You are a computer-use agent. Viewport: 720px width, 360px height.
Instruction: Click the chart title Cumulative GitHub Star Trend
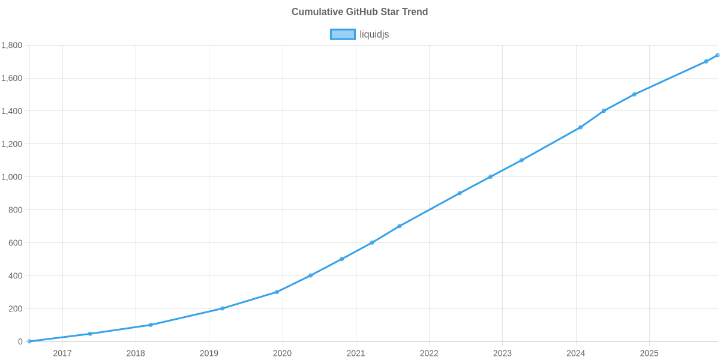[x=359, y=12]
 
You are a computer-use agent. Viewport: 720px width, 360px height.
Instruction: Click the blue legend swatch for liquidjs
[x=343, y=34]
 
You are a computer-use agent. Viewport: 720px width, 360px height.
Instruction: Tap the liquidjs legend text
[x=374, y=34]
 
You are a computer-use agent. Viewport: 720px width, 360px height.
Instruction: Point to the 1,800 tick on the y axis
[x=12, y=46]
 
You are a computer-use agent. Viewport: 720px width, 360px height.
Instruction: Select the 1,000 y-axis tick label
[x=12, y=177]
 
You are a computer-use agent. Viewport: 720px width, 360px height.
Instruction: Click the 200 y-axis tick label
[x=16, y=309]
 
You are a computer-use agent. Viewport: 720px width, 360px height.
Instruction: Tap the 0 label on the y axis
[x=20, y=342]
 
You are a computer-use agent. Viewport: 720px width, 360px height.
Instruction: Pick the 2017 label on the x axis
[x=62, y=353]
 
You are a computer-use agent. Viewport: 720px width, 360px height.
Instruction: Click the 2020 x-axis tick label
[x=282, y=353]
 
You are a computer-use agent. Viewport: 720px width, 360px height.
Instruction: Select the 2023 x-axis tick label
[x=502, y=353]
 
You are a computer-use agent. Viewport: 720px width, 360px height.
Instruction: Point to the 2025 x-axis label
[x=649, y=353]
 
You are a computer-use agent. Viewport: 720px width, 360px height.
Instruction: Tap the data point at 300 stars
[x=277, y=292]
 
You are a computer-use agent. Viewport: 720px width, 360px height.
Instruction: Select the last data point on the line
[x=718, y=55]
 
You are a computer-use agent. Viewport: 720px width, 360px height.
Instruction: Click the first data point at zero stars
[x=29, y=341]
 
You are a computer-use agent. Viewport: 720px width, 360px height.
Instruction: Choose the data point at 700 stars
[x=399, y=226]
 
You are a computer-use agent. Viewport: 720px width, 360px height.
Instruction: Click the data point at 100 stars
[x=150, y=325]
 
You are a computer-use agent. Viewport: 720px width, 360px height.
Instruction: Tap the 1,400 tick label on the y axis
[x=12, y=112]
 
